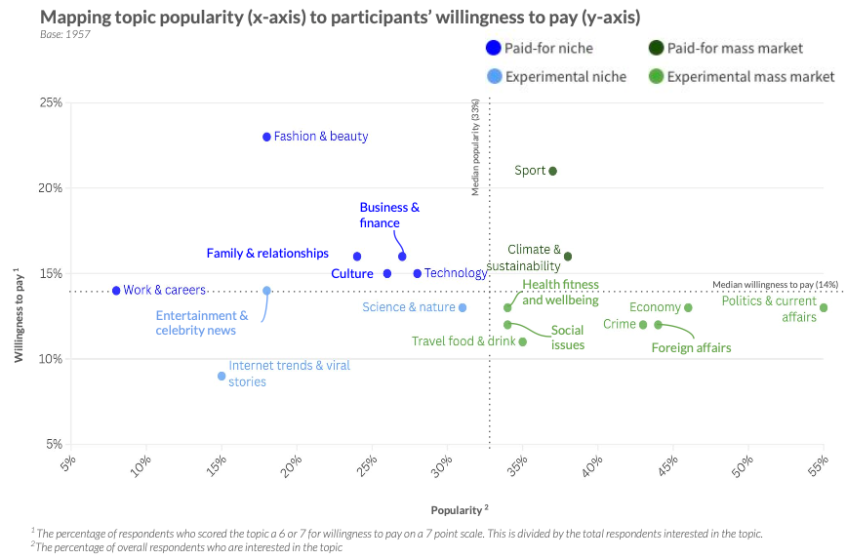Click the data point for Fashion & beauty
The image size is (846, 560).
[x=266, y=137]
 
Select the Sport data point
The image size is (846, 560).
[x=552, y=171]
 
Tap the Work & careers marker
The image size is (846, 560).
[x=116, y=291]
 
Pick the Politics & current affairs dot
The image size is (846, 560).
[x=824, y=308]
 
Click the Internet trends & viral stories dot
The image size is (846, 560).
[x=222, y=376]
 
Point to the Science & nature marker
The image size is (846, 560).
[x=463, y=307]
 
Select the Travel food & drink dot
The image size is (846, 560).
[x=523, y=341]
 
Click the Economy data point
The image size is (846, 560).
[x=688, y=307]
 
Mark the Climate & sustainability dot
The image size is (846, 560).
[x=568, y=257]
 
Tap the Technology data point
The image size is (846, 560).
[x=418, y=273]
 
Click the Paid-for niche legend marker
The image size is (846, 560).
[x=494, y=48]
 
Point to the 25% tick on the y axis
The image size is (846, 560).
[x=51, y=102]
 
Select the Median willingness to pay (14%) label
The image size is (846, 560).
[x=775, y=284]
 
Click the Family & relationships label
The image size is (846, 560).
[x=267, y=254]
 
